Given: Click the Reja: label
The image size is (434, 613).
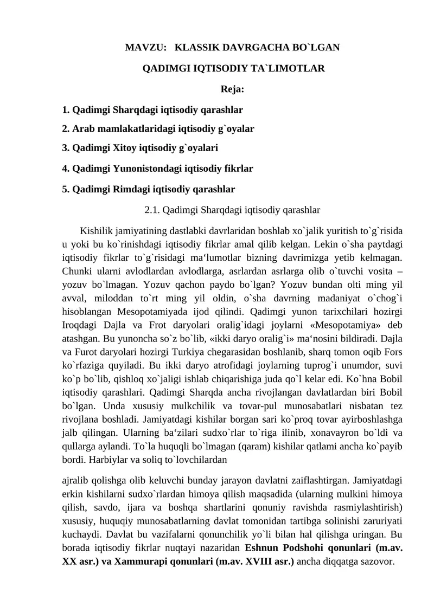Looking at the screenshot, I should click(x=232, y=89).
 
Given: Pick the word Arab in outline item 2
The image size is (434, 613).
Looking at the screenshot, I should click(x=82, y=128).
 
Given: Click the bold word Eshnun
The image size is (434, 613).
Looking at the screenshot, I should click(x=264, y=549).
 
